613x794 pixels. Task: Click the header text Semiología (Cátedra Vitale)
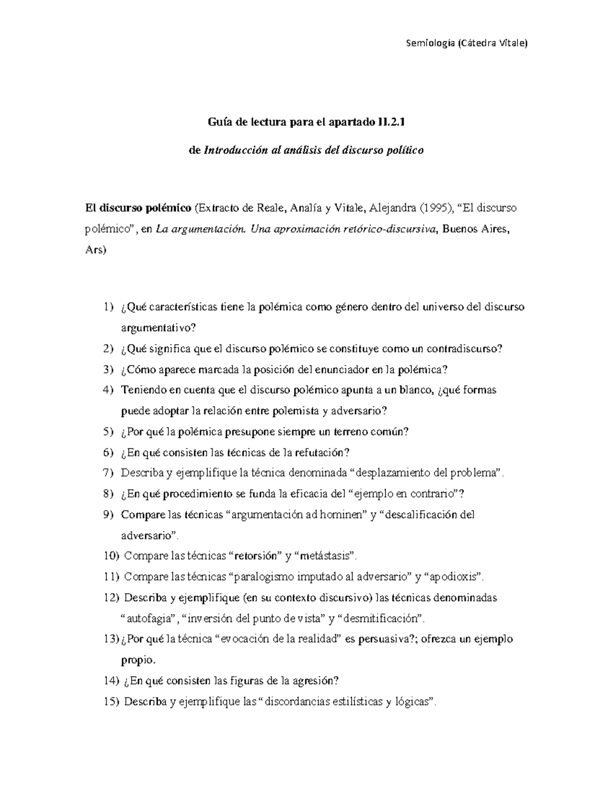point(465,43)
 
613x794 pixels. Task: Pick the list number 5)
point(108,432)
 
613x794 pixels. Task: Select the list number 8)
point(108,494)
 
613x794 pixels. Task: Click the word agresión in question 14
point(316,680)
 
